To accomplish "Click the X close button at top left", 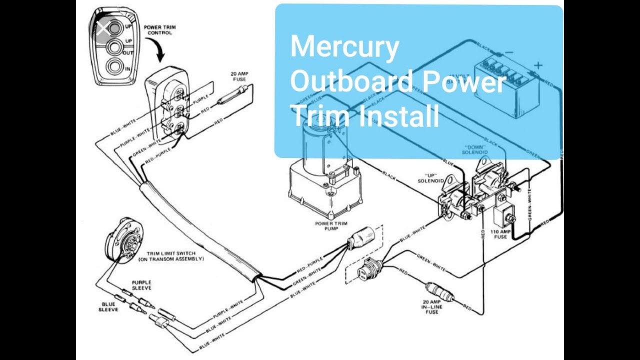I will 103,28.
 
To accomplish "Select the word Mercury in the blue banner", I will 344,47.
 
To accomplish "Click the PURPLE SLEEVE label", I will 141,285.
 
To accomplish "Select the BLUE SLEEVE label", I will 108,306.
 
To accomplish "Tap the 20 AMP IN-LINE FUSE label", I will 431,306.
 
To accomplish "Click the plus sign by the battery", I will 538,65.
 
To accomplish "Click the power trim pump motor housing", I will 320,145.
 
